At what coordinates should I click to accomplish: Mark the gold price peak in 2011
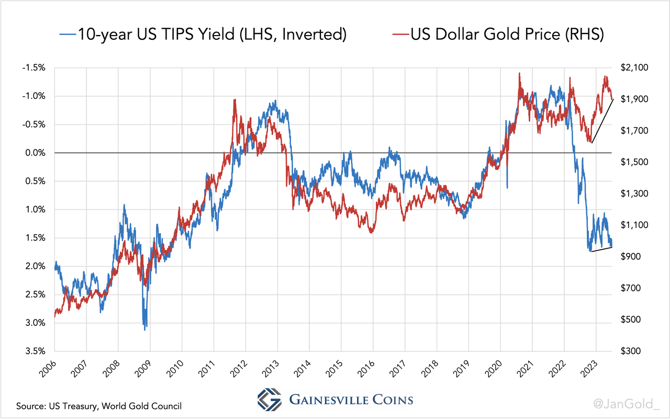point(234,100)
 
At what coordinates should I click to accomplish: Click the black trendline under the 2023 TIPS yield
point(601,249)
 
